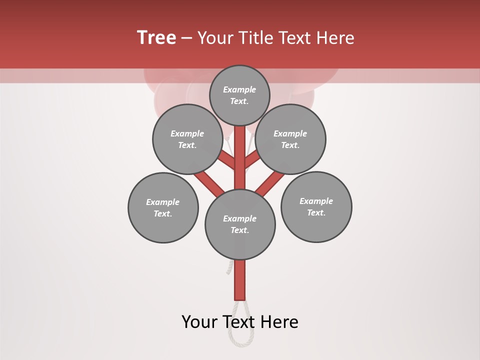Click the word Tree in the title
(x=156, y=38)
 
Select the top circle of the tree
(x=239, y=95)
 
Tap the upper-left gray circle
(x=187, y=139)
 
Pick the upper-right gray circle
(x=290, y=139)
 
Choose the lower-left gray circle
(x=163, y=207)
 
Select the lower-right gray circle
(x=316, y=206)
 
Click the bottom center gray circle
(x=240, y=224)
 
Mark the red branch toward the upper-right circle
(x=252, y=159)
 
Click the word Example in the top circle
(x=239, y=89)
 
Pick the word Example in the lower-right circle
(x=316, y=201)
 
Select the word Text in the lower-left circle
(x=162, y=213)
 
